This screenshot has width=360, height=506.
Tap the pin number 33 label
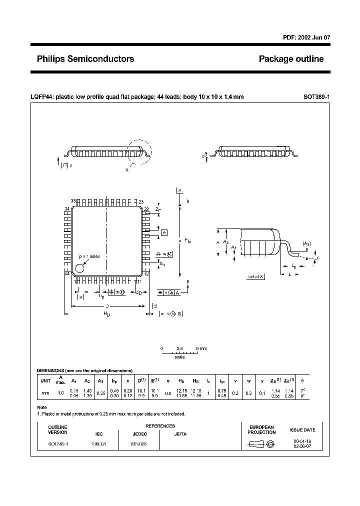tap(73, 201)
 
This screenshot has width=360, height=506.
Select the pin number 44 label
tap(66, 273)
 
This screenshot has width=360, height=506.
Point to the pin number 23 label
tap(141, 201)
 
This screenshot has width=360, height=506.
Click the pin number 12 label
tap(146, 273)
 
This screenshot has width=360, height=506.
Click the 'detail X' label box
tap(256, 276)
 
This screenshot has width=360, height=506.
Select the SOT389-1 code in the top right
tap(316, 97)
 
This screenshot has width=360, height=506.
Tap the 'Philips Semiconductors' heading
tap(85, 59)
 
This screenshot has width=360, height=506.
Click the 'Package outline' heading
tap(291, 59)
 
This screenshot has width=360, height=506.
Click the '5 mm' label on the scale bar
tap(201, 348)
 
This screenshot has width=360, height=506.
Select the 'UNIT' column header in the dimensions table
tap(45, 380)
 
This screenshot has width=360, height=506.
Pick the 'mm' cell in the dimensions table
tap(45, 393)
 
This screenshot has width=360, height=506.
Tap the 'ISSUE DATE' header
tap(302, 429)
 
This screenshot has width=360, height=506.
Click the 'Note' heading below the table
tap(42, 407)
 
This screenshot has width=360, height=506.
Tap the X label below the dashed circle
tap(127, 170)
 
